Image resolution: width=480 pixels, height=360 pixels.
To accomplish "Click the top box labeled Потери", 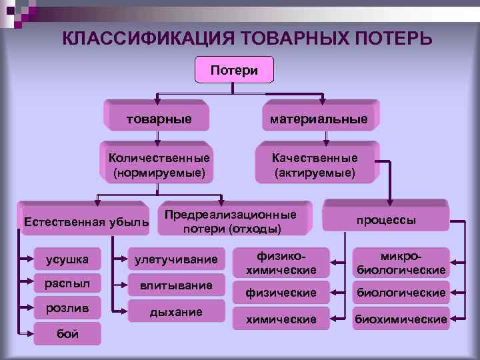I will pos(234,70).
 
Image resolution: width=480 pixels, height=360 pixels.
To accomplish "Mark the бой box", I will pos(67,333).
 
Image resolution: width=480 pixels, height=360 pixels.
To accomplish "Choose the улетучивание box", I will pos(176,259).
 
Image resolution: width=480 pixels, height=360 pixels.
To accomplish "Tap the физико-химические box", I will pos(281,263).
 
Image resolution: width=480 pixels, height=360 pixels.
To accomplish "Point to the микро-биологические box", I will pos(401,263).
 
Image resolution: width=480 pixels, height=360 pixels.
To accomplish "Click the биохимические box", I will pos(401,319).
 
